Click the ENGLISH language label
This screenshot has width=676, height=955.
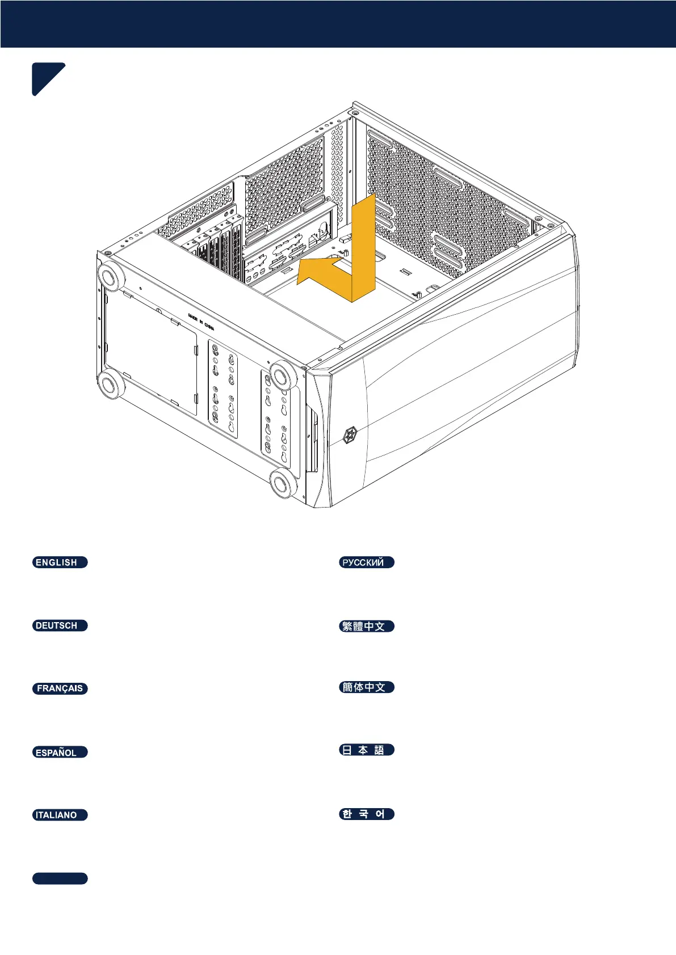pyautogui.click(x=60, y=563)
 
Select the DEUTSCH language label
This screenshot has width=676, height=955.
pyautogui.click(x=60, y=626)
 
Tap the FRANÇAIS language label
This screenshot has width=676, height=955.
pyautogui.click(x=60, y=688)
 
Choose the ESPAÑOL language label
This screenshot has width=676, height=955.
pyautogui.click(x=60, y=753)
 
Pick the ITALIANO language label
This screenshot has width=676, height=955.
pyautogui.click(x=60, y=815)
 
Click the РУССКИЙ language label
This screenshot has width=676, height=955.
pyautogui.click(x=366, y=563)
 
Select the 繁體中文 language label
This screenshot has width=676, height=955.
pyautogui.click(x=366, y=626)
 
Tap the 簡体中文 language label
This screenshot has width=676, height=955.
pyautogui.click(x=366, y=687)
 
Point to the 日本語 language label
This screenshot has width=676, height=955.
pyautogui.click(x=366, y=750)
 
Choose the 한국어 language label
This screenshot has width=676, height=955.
pyautogui.click(x=366, y=814)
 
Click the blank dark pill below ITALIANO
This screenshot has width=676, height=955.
pyautogui.click(x=60, y=878)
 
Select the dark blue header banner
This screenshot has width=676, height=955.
pyautogui.click(x=338, y=24)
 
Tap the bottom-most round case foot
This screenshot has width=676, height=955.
pyautogui.click(x=282, y=484)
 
